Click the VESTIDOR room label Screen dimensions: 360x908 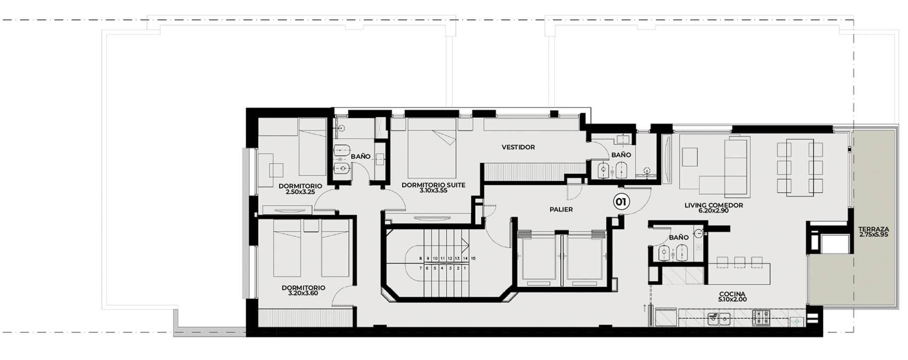[x=518, y=147]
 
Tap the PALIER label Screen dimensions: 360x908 [x=561, y=210]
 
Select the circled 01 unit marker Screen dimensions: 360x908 [x=621, y=202]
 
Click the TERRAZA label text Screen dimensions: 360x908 [x=873, y=229]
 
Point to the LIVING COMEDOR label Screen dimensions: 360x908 [x=713, y=205]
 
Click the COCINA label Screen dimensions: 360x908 [x=732, y=294]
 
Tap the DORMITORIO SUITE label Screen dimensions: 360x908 [x=433, y=185]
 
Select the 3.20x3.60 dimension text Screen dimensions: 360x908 [x=303, y=293]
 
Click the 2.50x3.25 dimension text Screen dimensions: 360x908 [x=300, y=192]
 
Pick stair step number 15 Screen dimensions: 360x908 [x=473, y=258]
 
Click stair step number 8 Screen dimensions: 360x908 [x=421, y=258]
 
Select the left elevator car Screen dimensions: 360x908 [x=538, y=258]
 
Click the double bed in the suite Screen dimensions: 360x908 [x=432, y=148]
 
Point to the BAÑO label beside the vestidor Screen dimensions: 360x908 [x=621, y=155]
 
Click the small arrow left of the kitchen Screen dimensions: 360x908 [x=644, y=307]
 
